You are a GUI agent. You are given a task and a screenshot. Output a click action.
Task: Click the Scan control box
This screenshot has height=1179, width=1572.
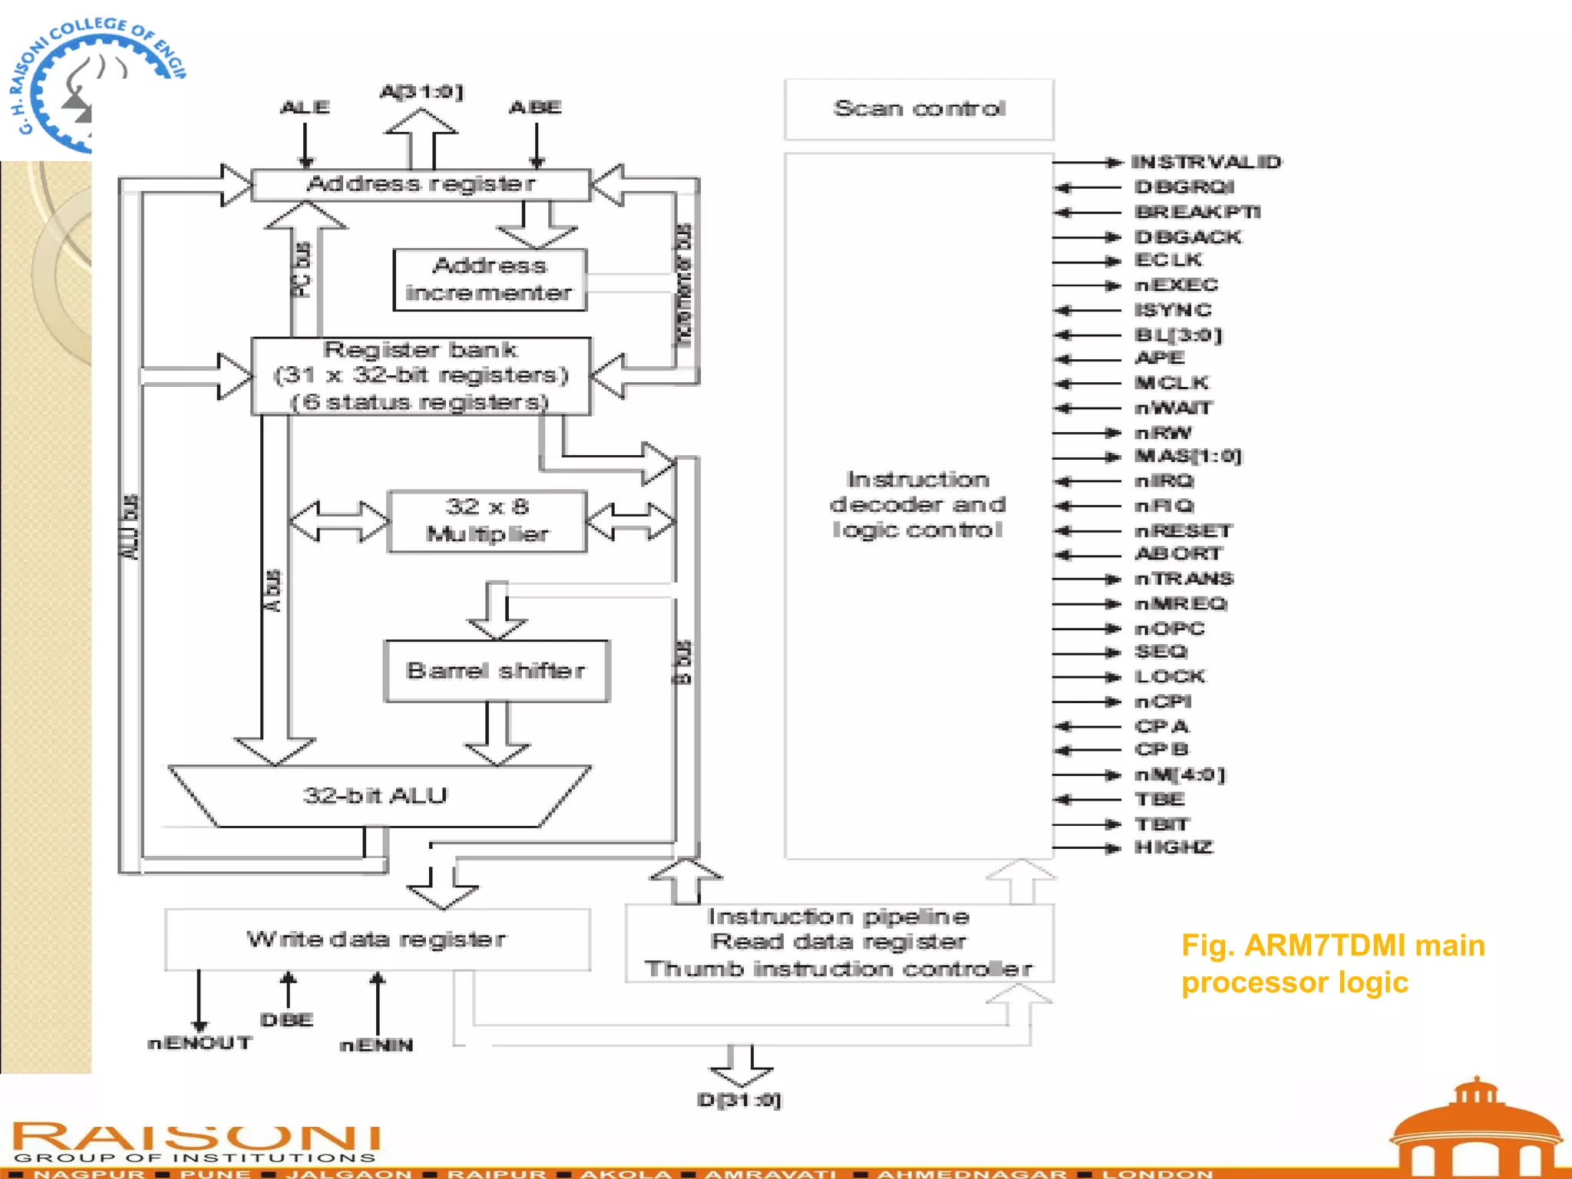(919, 109)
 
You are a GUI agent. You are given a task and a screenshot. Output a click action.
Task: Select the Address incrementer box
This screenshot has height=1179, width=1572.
(490, 279)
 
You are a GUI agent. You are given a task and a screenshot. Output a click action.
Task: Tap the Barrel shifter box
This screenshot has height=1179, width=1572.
(497, 671)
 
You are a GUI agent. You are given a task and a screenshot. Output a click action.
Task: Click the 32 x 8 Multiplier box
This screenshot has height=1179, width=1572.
(487, 521)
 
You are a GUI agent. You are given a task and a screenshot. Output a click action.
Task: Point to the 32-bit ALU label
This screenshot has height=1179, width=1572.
(375, 795)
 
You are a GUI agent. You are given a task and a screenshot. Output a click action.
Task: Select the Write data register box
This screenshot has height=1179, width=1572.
(377, 940)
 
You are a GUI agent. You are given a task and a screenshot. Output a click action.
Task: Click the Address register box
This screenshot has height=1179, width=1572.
(421, 184)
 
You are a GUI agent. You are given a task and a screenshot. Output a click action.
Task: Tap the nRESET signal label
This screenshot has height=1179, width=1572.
(1183, 530)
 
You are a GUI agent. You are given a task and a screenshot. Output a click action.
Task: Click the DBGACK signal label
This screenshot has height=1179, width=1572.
(1187, 236)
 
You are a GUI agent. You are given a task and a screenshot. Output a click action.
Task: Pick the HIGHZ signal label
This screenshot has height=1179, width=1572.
(1174, 847)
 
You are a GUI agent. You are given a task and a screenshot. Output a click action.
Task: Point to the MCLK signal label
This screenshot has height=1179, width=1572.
(1172, 382)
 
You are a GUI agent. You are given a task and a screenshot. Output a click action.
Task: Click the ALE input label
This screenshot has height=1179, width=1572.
(305, 107)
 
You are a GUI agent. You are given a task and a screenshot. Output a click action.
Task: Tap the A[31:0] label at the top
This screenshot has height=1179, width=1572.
(422, 92)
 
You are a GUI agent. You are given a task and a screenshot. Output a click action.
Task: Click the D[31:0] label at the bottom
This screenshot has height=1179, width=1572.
(739, 1100)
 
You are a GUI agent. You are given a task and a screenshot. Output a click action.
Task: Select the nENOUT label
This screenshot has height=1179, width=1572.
(200, 1043)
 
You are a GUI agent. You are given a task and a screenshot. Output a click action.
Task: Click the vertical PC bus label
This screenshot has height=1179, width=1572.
(302, 270)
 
